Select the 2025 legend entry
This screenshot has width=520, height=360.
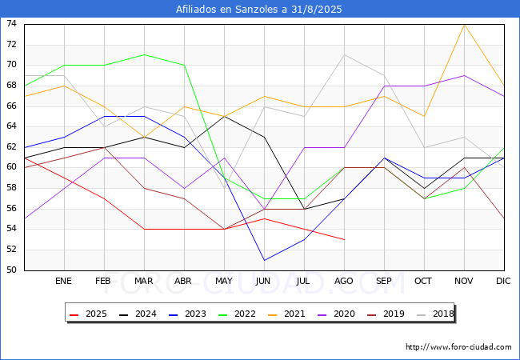point(88,314)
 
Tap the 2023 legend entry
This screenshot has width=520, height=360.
point(187,314)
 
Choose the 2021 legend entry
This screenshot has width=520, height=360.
point(286,314)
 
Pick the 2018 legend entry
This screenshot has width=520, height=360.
point(435,314)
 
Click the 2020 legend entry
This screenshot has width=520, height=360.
point(336,314)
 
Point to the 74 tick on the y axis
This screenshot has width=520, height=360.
point(11,23)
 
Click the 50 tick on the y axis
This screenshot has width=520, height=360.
point(11,270)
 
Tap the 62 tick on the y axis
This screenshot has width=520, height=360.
point(11,146)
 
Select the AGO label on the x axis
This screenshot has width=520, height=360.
point(343,281)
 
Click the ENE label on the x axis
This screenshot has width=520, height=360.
point(63,281)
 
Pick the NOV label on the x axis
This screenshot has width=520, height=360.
point(464,281)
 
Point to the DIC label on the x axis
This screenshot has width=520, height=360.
point(503,281)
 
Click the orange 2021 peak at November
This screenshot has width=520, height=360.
point(464,25)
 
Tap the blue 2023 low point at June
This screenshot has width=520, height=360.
point(264,260)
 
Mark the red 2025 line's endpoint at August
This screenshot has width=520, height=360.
point(344,240)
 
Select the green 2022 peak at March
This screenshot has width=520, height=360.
point(144,54)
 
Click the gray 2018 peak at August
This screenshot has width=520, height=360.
point(344,54)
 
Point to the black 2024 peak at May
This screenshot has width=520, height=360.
point(225,116)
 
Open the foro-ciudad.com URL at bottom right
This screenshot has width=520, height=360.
point(458,347)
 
